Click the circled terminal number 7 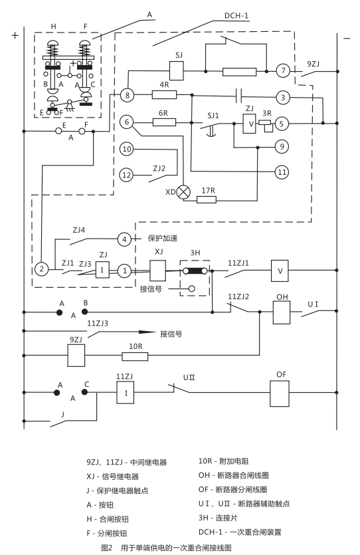282,70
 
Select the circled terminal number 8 128,96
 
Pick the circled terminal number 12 128,175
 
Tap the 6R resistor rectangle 164,122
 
